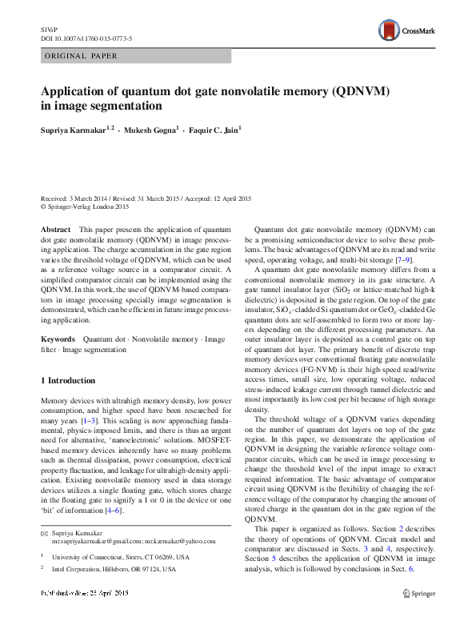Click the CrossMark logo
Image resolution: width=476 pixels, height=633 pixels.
click(x=405, y=31)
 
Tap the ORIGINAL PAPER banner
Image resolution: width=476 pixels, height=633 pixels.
click(x=80, y=56)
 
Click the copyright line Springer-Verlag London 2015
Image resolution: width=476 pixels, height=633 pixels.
click(x=87, y=206)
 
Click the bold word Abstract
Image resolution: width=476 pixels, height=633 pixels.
click(x=56, y=229)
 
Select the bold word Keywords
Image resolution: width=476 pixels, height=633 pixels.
click(x=58, y=340)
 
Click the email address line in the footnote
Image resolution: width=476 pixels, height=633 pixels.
click(x=125, y=542)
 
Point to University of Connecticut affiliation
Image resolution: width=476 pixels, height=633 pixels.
click(x=121, y=556)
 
